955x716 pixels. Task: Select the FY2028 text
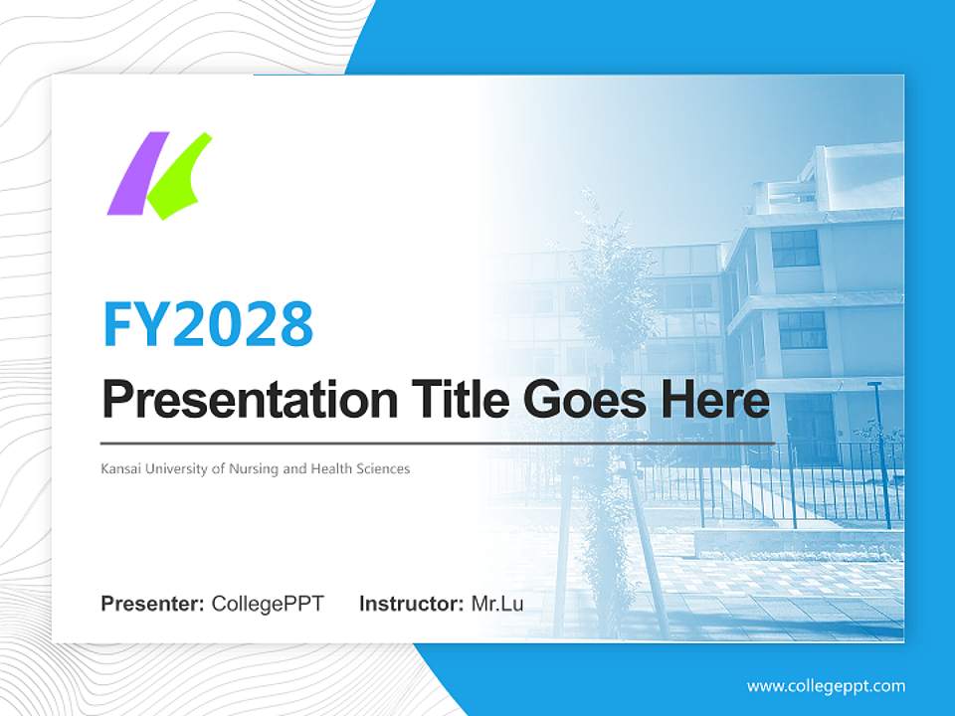pos(208,323)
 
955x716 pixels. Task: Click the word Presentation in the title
pos(235,401)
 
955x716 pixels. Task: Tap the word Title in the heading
pos(457,401)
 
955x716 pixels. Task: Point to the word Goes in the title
pos(581,401)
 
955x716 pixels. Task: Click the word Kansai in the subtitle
pos(120,468)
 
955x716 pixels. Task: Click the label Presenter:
pos(152,604)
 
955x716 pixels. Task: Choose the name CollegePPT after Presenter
pos(268,604)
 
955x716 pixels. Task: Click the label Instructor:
pos(411,604)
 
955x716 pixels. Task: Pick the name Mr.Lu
pos(497,604)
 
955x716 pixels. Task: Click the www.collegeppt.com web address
pos(826,686)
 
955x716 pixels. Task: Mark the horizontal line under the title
pos(438,443)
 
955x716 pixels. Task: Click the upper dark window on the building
pos(795,249)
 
